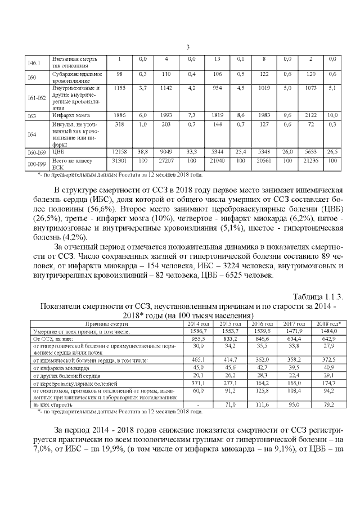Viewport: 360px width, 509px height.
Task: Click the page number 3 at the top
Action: point(187,47)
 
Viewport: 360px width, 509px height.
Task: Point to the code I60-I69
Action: point(35,152)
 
